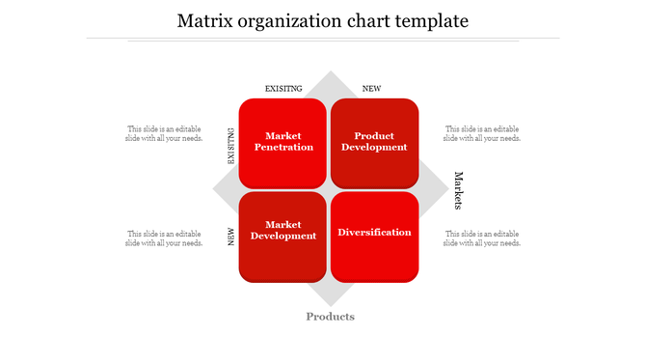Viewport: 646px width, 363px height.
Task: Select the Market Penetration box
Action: point(283,143)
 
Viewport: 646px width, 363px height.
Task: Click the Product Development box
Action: point(374,143)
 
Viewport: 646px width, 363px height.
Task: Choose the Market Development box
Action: point(283,236)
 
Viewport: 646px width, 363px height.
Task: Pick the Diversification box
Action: point(374,236)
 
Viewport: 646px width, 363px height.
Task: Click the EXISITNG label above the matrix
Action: point(283,89)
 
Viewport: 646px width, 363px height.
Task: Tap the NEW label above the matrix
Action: point(371,89)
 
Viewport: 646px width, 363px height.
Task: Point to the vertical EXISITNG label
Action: point(231,147)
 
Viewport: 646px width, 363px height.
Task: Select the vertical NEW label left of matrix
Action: point(231,237)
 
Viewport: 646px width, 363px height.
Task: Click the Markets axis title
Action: point(459,190)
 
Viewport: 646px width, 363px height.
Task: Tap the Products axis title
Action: point(330,317)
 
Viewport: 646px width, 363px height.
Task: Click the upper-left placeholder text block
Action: point(163,133)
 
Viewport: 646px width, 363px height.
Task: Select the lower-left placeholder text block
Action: point(163,238)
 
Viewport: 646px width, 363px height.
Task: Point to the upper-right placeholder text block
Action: point(481,133)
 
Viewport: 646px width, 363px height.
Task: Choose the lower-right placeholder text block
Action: point(481,238)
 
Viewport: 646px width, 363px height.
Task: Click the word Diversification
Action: point(374,232)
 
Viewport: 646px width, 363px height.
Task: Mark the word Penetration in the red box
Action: point(283,148)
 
